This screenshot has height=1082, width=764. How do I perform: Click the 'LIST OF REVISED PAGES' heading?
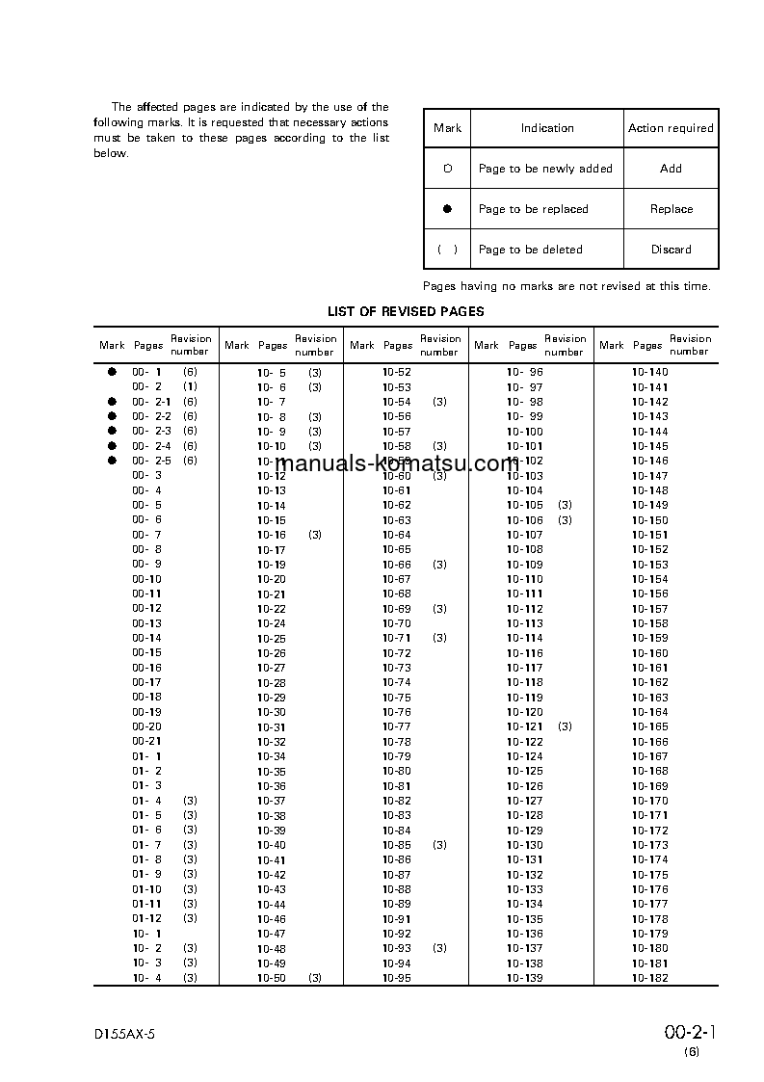tap(406, 311)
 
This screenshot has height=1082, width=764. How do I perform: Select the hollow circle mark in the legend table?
tap(447, 169)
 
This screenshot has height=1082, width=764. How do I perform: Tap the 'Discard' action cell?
tap(671, 250)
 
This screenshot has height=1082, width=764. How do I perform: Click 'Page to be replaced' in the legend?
tap(533, 209)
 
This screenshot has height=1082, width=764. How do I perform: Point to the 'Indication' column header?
tap(547, 128)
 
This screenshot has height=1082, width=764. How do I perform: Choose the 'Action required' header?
tap(671, 128)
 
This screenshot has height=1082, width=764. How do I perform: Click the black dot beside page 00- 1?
tap(112, 372)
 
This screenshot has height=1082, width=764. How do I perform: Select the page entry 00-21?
tap(146, 742)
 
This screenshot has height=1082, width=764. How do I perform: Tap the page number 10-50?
tap(271, 978)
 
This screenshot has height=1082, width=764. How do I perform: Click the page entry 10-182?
tap(649, 978)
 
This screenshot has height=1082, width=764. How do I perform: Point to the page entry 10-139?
tap(524, 978)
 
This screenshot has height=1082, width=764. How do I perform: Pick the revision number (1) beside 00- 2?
tap(190, 386)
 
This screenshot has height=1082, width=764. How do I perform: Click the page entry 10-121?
tap(524, 726)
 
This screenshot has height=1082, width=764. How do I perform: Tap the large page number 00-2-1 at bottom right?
tap(691, 1033)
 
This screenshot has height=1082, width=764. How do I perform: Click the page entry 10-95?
tap(396, 978)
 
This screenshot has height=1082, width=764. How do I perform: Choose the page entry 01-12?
tap(146, 919)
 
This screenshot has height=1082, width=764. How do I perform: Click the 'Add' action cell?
tap(671, 169)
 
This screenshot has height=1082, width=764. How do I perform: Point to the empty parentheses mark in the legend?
tap(447, 250)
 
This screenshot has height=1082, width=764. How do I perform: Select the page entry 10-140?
tap(649, 372)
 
